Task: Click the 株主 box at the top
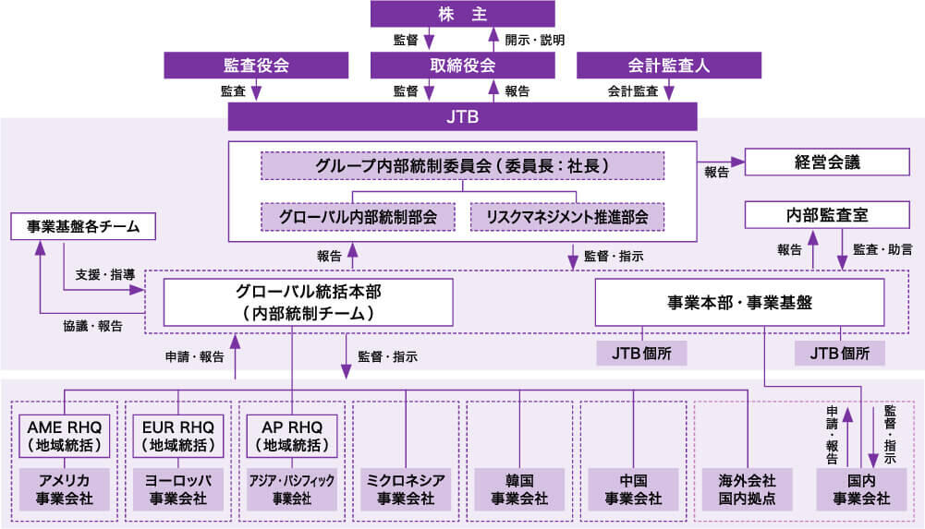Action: [462, 14]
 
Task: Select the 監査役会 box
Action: [256, 66]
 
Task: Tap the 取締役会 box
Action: [462, 66]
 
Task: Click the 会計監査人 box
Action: [668, 66]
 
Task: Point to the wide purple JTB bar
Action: [462, 117]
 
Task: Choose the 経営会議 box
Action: [827, 162]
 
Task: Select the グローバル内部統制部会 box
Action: [359, 217]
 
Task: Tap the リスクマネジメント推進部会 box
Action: [566, 217]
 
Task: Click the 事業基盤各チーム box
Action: [82, 226]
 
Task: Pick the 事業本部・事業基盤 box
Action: [739, 303]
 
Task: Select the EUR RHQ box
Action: [178, 435]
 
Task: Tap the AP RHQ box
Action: [292, 435]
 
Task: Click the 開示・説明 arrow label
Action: [535, 41]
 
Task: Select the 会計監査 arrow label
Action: [633, 91]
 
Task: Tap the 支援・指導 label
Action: [105, 274]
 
